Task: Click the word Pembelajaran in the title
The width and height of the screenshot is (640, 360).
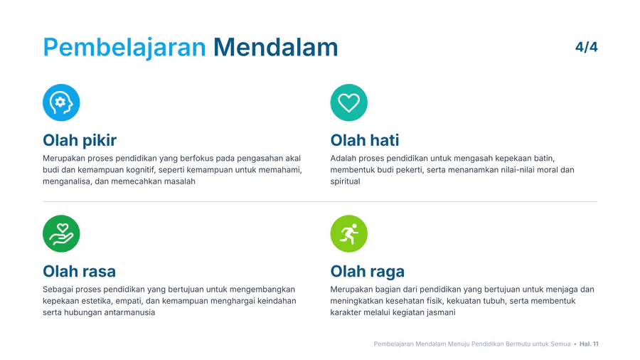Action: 124,48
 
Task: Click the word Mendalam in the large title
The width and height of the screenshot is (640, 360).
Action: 275,47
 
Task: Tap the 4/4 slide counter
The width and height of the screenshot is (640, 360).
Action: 587,47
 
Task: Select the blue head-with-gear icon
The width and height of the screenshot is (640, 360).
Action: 61,102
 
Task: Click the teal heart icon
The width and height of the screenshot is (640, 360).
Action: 348,102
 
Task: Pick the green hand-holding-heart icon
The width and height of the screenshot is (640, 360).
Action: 61,233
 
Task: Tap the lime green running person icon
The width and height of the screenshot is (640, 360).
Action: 348,233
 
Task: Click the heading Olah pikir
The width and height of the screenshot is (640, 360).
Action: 80,140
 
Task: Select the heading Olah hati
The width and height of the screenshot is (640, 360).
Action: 365,140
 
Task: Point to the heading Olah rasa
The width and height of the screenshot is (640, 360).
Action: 79,271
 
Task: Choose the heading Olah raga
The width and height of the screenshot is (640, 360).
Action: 368,272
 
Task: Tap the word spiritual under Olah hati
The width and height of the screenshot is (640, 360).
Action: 345,181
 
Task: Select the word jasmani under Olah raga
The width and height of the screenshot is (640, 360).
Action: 441,312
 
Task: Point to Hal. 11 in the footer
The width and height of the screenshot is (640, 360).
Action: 589,344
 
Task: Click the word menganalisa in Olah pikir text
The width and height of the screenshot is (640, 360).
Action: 67,181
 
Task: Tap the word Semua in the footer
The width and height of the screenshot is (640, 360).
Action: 560,344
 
